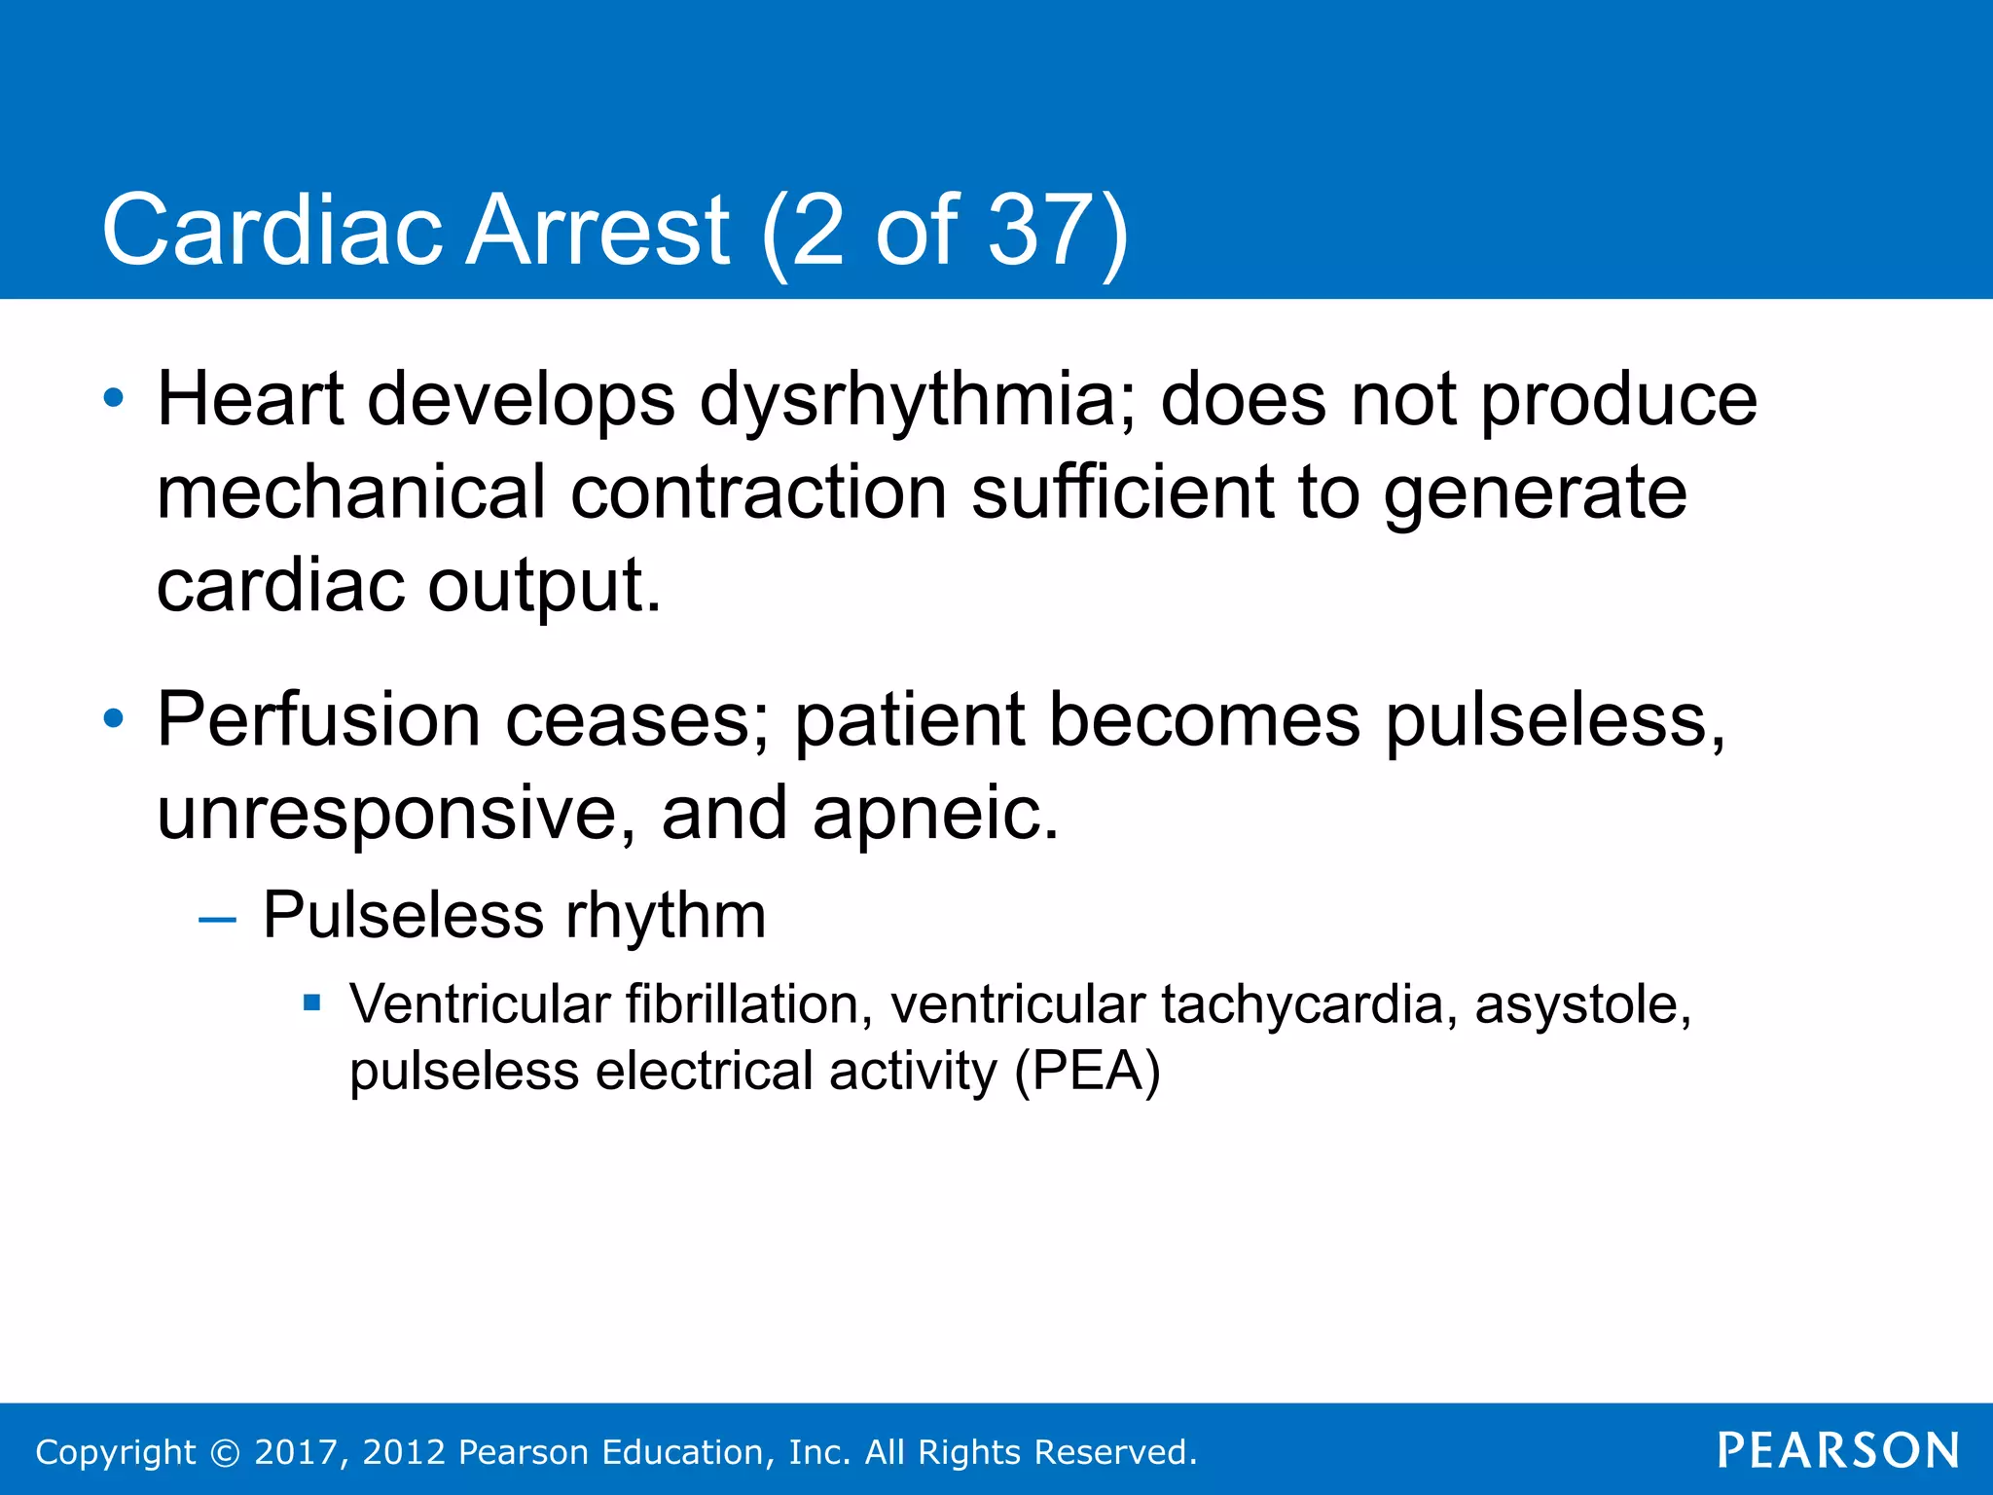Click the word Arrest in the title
coord(598,230)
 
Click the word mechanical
coord(350,492)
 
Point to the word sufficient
coord(1122,492)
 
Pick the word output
coord(544,586)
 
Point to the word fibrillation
coord(749,1004)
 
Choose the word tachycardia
coord(1302,1004)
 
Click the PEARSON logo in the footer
coord(1838,1450)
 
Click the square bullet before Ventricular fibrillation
coord(311,1003)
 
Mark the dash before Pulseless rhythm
coord(217,920)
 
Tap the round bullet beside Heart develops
coord(114,398)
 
